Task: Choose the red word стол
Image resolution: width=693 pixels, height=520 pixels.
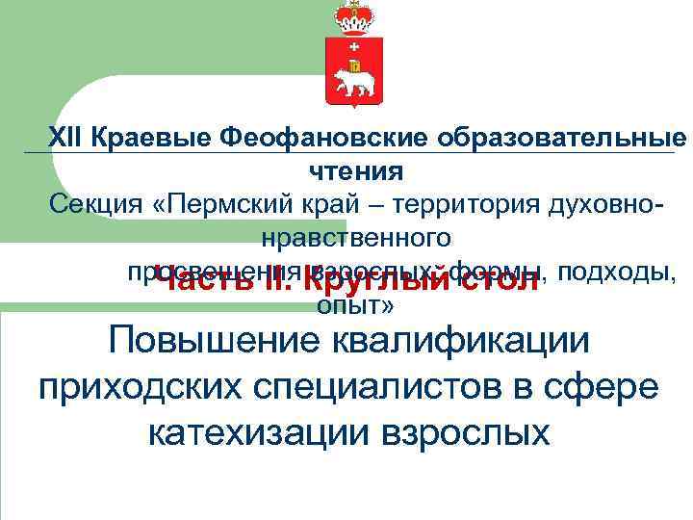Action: click(500, 281)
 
